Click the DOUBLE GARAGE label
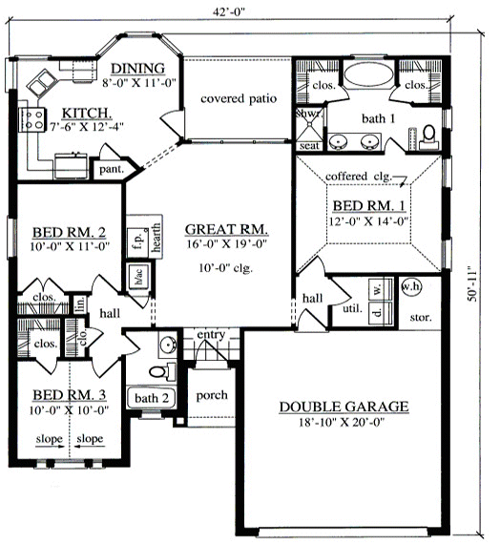pyautogui.click(x=344, y=408)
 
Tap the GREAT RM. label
pyautogui.click(x=225, y=230)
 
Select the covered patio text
pyautogui.click(x=238, y=98)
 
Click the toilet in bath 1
pyautogui.click(x=428, y=133)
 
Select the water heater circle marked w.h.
pyautogui.click(x=410, y=285)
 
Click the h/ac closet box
pyautogui.click(x=138, y=277)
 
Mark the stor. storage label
pyautogui.click(x=419, y=316)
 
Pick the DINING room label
pyautogui.click(x=137, y=68)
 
